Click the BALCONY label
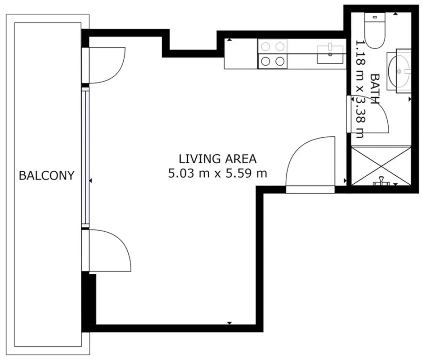[x=46, y=176]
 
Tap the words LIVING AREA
[x=217, y=159]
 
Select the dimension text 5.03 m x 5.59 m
[x=217, y=173]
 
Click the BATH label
[x=375, y=89]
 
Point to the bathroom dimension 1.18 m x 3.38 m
[x=360, y=89]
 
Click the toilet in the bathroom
[x=374, y=30]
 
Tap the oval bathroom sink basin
[x=400, y=71]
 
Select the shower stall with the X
[x=381, y=165]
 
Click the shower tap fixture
[x=381, y=181]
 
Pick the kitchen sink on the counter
[x=330, y=55]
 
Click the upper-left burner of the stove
[x=266, y=47]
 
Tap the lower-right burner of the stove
[x=280, y=61]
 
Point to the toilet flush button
[x=375, y=17]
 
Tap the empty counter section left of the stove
[x=241, y=54]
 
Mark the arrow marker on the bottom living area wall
[x=230, y=323]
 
